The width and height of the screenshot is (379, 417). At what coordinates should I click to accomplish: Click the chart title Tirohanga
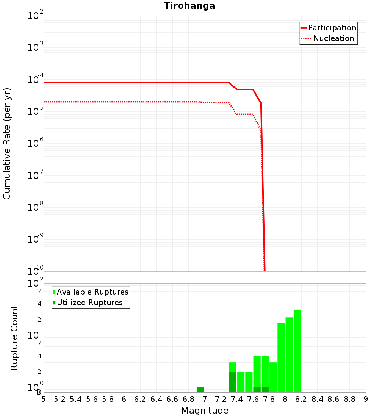(x=189, y=6)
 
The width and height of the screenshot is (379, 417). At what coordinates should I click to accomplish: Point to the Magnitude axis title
(x=205, y=411)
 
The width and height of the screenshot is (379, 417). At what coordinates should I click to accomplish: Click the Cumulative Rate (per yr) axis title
(x=7, y=143)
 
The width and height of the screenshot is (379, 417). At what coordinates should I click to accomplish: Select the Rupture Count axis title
(x=14, y=338)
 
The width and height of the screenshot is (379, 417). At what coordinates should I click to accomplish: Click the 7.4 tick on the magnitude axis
(x=237, y=399)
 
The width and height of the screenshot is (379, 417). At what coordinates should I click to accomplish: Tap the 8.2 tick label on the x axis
(x=301, y=399)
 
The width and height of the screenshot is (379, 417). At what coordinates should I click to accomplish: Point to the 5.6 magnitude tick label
(x=92, y=399)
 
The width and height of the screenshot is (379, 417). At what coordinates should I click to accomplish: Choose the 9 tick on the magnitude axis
(x=366, y=399)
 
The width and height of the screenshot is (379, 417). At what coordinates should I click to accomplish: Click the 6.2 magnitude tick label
(x=140, y=399)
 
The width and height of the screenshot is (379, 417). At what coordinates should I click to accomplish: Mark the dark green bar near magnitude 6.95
(x=200, y=390)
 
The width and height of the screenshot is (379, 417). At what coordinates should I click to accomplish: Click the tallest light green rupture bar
(x=297, y=351)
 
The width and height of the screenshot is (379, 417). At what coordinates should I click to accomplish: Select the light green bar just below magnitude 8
(x=281, y=357)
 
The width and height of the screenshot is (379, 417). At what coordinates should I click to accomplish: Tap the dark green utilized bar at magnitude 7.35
(x=233, y=382)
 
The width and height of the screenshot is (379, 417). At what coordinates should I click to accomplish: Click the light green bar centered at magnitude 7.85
(x=273, y=377)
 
